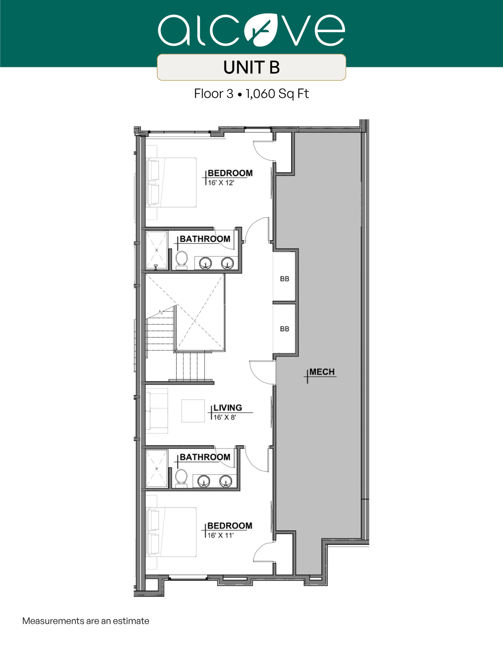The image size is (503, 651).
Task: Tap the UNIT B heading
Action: [251, 67]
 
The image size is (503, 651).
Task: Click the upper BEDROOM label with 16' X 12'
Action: [230, 173]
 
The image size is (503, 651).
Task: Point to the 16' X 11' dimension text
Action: [220, 535]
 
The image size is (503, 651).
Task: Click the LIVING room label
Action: [228, 408]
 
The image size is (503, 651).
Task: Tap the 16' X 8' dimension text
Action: [225, 417]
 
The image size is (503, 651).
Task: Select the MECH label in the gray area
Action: [322, 372]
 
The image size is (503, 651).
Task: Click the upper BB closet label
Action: [284, 279]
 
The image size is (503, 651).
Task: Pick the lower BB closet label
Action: [284, 329]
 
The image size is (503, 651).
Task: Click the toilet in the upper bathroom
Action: [182, 260]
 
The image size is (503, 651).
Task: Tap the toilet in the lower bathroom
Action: [181, 478]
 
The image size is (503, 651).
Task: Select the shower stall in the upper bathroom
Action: [156, 250]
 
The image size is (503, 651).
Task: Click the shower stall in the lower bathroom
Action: [156, 469]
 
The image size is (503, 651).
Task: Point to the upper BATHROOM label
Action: [205, 239]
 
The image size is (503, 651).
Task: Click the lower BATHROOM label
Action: [205, 457]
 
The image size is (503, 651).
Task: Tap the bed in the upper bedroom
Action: [172, 182]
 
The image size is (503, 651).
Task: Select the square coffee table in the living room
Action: [193, 411]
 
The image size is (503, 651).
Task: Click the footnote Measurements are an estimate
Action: [86, 621]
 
